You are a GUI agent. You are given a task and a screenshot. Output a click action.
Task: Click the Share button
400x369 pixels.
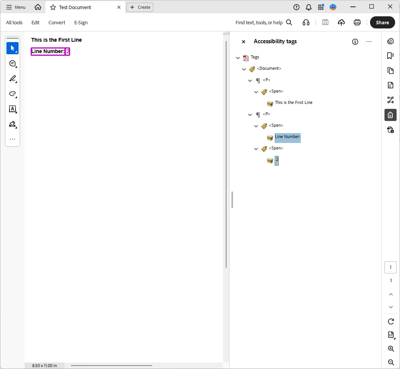click(382, 22)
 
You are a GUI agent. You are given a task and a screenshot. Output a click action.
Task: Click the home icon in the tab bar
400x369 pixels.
click(38, 7)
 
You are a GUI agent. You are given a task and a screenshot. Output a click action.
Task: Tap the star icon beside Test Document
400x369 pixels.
click(53, 8)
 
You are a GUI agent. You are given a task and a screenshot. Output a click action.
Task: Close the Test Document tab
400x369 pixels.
click(119, 7)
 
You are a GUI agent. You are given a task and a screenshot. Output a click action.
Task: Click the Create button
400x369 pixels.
click(140, 7)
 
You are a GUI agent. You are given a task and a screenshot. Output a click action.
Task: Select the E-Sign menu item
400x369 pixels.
click(81, 22)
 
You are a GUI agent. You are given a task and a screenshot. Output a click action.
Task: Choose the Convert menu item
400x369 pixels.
click(57, 22)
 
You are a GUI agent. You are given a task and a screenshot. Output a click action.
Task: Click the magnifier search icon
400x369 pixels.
click(289, 22)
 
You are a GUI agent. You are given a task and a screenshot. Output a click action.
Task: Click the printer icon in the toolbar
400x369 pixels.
click(357, 22)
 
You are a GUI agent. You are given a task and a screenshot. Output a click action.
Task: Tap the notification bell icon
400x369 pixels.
click(309, 7)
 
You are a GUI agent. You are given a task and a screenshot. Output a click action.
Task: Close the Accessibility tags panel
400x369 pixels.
click(244, 42)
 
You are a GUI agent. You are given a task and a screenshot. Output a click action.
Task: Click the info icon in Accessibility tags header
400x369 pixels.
click(355, 42)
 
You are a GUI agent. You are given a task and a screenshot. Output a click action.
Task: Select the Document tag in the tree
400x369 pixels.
click(269, 68)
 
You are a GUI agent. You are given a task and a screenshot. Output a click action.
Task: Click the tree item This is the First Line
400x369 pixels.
click(294, 102)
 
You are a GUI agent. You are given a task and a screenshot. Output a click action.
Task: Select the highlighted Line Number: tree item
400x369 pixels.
click(287, 137)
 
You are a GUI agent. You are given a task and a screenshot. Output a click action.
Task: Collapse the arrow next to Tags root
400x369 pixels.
click(238, 58)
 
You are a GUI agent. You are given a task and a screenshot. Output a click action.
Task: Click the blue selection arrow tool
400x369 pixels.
click(12, 48)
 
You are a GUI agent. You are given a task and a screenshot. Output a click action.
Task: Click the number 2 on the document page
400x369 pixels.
click(67, 51)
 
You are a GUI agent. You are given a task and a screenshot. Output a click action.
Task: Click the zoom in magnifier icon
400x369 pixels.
click(391, 349)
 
